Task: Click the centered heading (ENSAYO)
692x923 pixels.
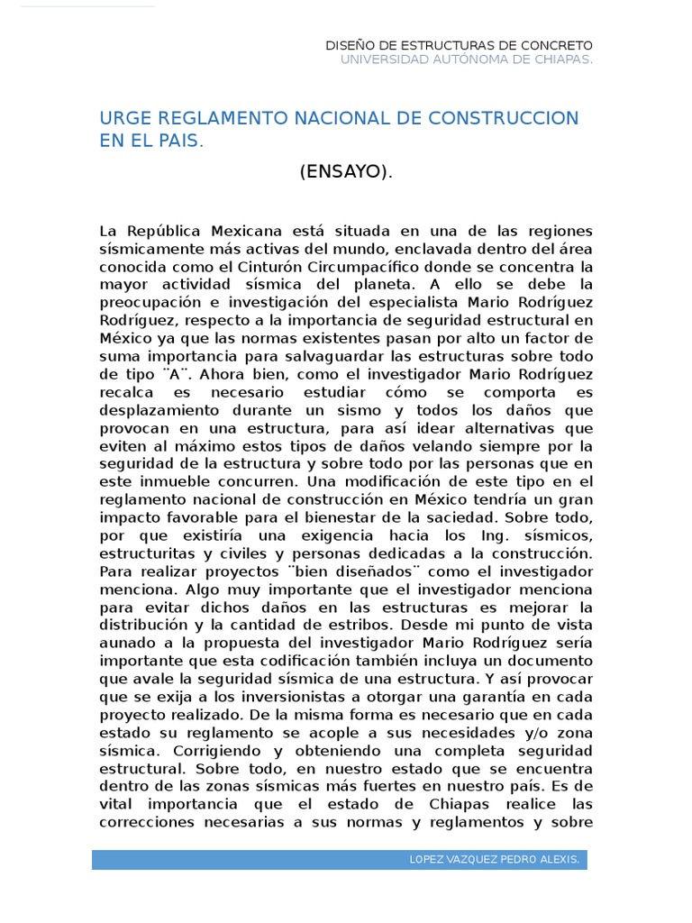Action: tap(347, 172)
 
